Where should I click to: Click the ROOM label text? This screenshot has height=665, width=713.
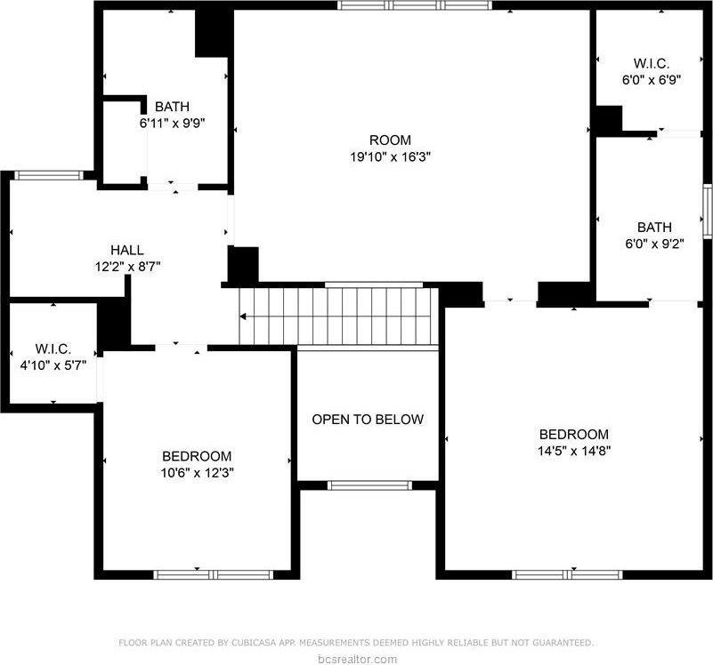click(x=390, y=140)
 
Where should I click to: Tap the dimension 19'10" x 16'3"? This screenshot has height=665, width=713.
click(x=390, y=156)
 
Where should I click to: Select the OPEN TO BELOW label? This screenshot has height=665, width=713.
click(x=368, y=419)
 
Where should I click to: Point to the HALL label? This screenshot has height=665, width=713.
click(x=126, y=250)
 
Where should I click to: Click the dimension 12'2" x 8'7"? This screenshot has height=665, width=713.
click(x=126, y=265)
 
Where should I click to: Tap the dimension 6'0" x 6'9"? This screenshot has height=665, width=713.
click(x=651, y=79)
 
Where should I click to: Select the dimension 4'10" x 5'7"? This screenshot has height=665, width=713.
click(x=53, y=364)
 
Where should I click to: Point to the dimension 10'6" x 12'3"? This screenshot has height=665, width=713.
click(x=197, y=471)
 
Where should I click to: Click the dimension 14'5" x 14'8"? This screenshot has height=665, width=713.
click(x=574, y=450)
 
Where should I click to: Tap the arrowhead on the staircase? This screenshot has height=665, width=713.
click(x=242, y=316)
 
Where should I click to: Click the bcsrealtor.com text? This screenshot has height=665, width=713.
click(x=356, y=659)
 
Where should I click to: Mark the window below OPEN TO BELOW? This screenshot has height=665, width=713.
click(x=369, y=485)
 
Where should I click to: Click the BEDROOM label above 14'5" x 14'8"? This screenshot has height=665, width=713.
click(x=574, y=434)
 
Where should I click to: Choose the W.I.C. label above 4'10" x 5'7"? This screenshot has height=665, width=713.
click(x=53, y=348)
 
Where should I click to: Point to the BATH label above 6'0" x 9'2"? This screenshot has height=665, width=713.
click(x=653, y=227)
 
